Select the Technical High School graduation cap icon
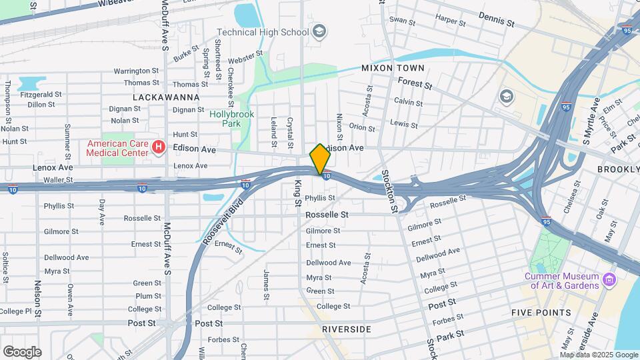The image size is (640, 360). (319, 31)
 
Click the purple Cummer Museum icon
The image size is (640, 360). (608, 277)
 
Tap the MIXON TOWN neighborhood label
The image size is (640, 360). (392, 68)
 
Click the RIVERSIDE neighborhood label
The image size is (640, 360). (346, 329)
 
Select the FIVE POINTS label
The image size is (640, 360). (541, 313)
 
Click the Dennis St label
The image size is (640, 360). (497, 20)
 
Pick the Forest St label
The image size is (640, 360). (415, 83)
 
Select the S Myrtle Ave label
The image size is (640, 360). (591, 121)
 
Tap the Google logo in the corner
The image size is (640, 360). (22, 351)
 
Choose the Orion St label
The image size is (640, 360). (362, 127)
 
